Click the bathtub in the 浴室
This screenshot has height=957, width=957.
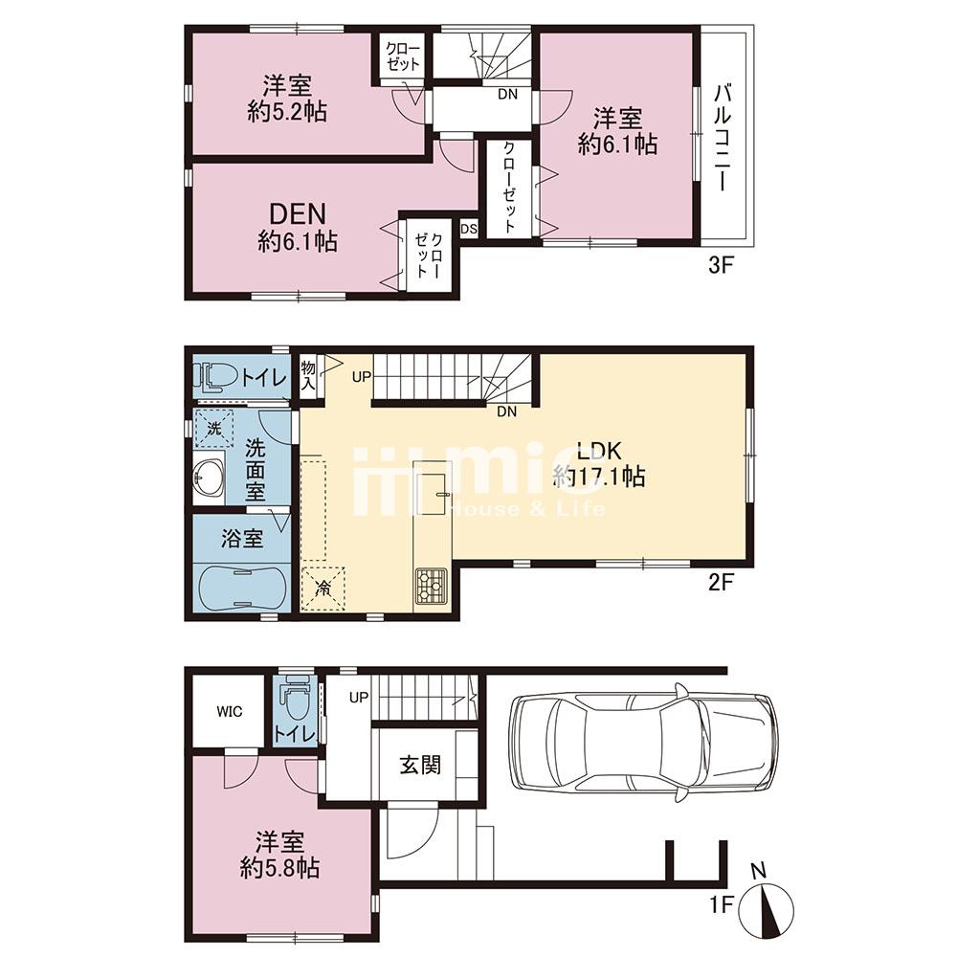pos(242,586)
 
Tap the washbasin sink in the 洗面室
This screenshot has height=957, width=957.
pos(208,475)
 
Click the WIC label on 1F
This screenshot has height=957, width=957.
pos(229,711)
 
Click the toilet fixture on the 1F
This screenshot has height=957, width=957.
pos(296,703)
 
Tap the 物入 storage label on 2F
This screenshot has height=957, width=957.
pos(308,373)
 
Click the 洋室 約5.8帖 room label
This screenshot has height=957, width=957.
pos(279,856)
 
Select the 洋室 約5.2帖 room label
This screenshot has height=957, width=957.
pos(286,100)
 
